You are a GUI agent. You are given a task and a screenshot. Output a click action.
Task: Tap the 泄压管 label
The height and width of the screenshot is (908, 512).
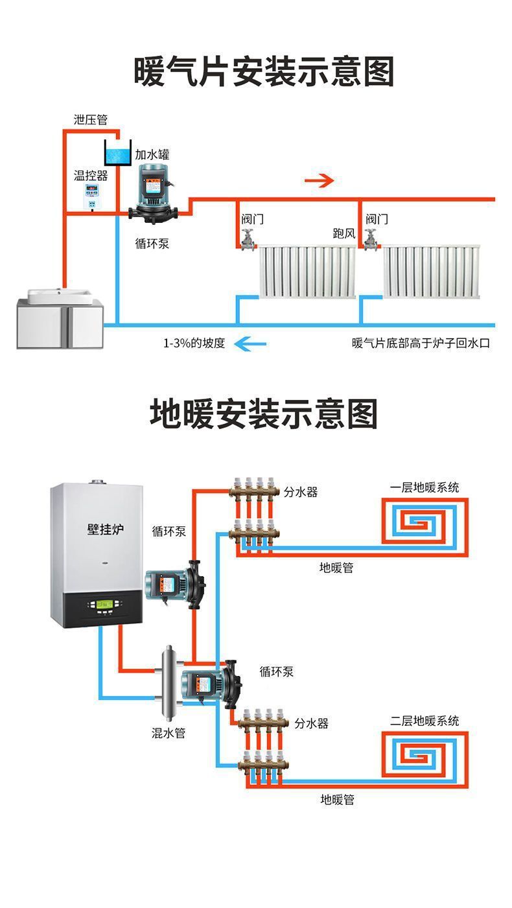click(x=90, y=120)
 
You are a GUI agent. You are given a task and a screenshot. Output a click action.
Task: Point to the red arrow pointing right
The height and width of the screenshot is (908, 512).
click(x=320, y=180)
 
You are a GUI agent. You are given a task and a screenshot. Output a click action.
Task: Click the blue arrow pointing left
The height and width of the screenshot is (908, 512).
click(x=250, y=343)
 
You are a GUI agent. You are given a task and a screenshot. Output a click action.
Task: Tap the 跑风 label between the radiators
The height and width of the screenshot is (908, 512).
click(x=344, y=233)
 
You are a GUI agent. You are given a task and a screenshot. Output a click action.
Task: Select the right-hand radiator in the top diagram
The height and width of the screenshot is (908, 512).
click(x=431, y=272)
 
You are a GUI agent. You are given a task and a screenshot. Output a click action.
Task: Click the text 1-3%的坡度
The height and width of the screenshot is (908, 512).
click(x=194, y=343)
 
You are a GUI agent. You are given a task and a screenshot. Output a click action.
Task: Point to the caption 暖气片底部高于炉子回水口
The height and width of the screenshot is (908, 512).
click(x=421, y=343)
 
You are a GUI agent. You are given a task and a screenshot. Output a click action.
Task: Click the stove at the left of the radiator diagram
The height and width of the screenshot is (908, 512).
click(x=60, y=319)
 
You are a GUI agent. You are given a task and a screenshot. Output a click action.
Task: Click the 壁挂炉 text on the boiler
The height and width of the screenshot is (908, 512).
click(x=105, y=530)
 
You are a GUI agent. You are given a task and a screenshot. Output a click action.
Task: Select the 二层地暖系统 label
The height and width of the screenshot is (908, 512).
click(x=425, y=720)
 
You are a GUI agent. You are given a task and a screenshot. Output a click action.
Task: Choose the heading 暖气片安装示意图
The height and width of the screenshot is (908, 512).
click(x=264, y=71)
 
